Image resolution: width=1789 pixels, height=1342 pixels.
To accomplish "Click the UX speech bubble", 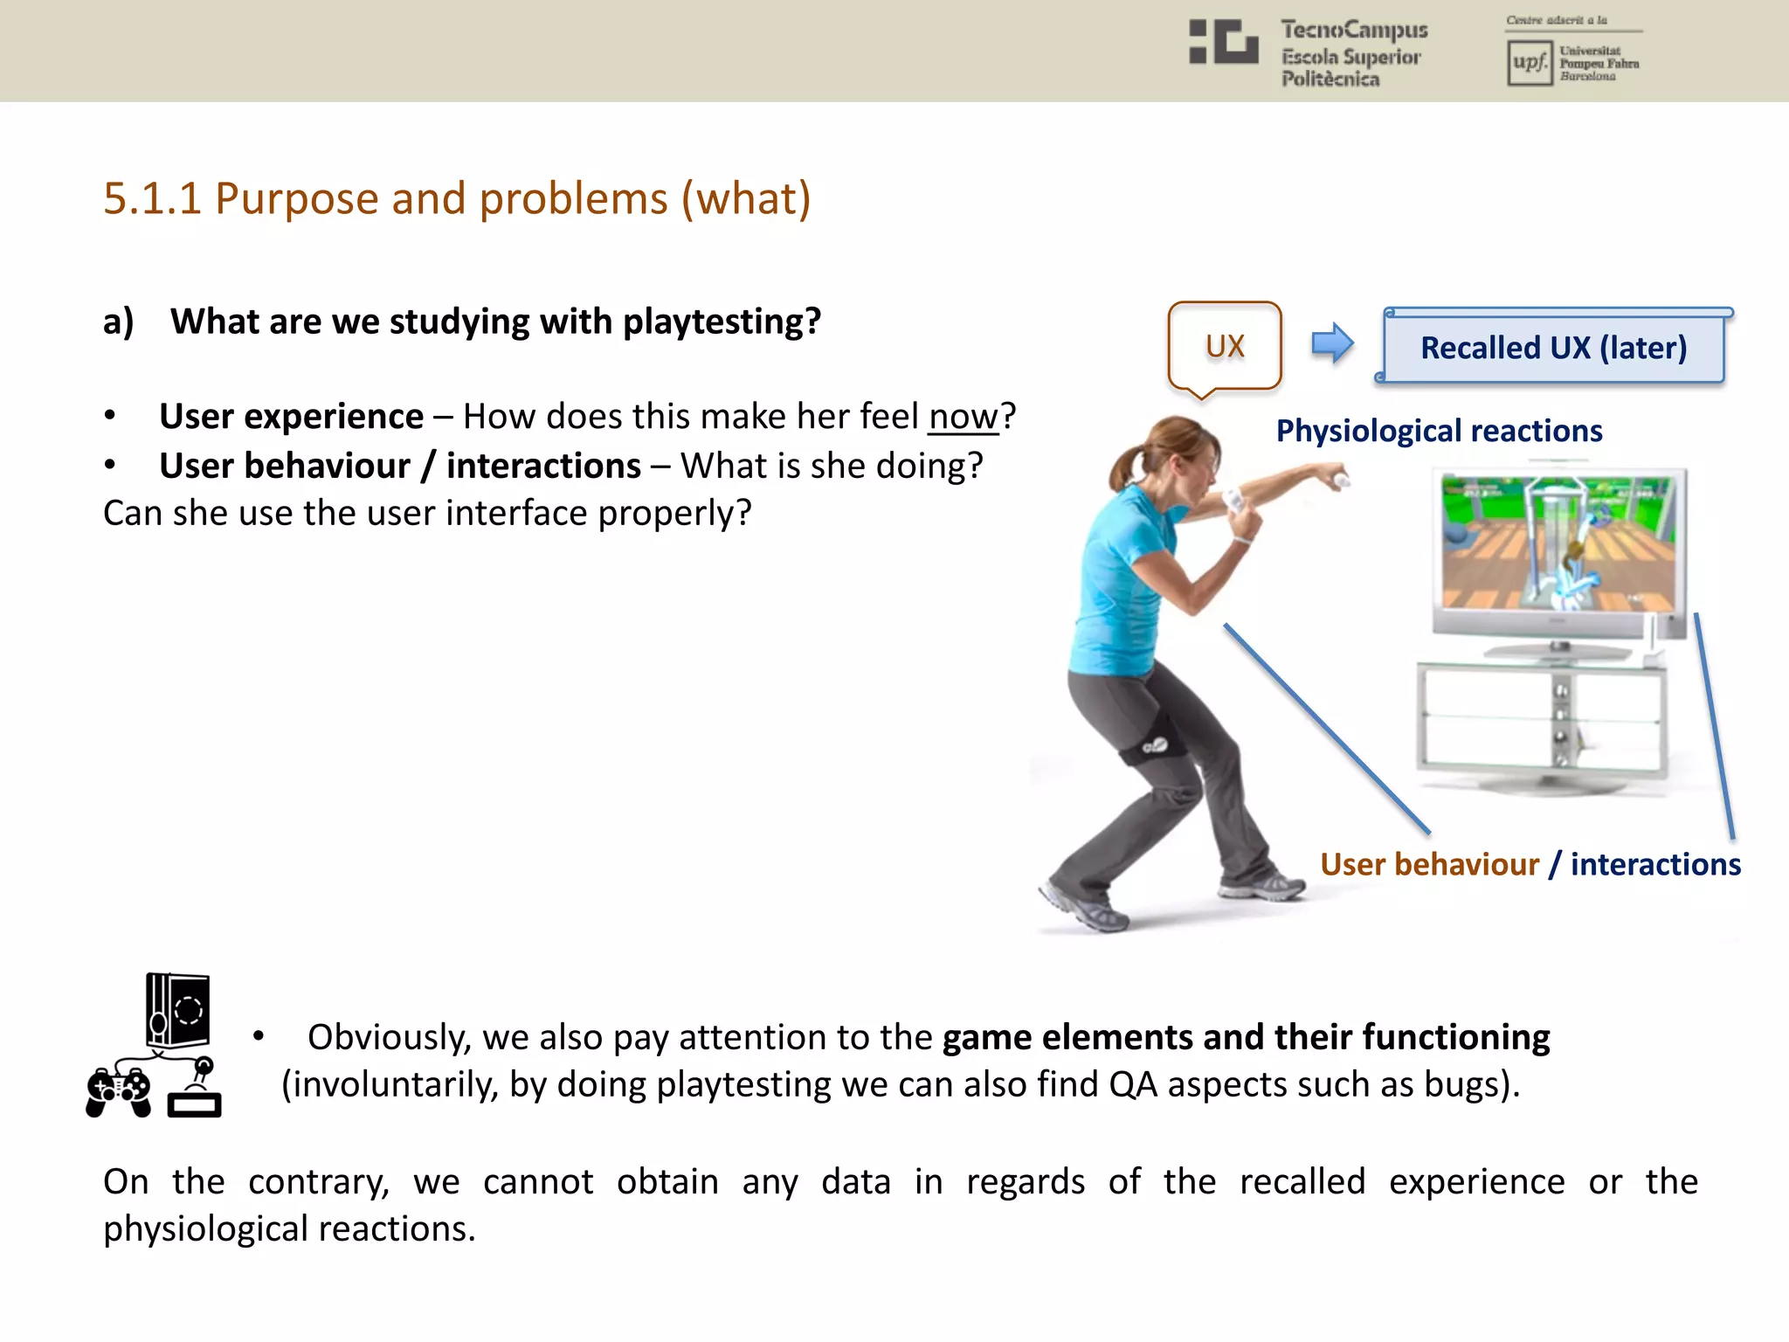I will click(x=1224, y=346).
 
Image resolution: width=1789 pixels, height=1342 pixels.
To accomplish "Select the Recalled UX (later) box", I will click(x=1553, y=348).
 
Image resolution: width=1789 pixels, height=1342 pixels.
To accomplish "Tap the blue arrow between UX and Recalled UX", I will click(x=1332, y=342).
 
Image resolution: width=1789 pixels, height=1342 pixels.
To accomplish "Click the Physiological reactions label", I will click(x=1439, y=431).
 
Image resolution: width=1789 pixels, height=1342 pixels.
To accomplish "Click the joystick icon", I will click(x=196, y=1092).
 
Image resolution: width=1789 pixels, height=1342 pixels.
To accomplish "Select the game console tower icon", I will click(x=177, y=1009).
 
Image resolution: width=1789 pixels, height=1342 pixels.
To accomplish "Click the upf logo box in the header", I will click(x=1529, y=63).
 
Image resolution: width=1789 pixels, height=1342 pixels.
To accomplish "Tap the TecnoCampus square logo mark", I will click(x=1223, y=41).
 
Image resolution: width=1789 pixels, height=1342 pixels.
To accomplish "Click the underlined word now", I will click(x=963, y=417).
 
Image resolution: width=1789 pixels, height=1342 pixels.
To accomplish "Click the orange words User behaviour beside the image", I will click(x=1429, y=864).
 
